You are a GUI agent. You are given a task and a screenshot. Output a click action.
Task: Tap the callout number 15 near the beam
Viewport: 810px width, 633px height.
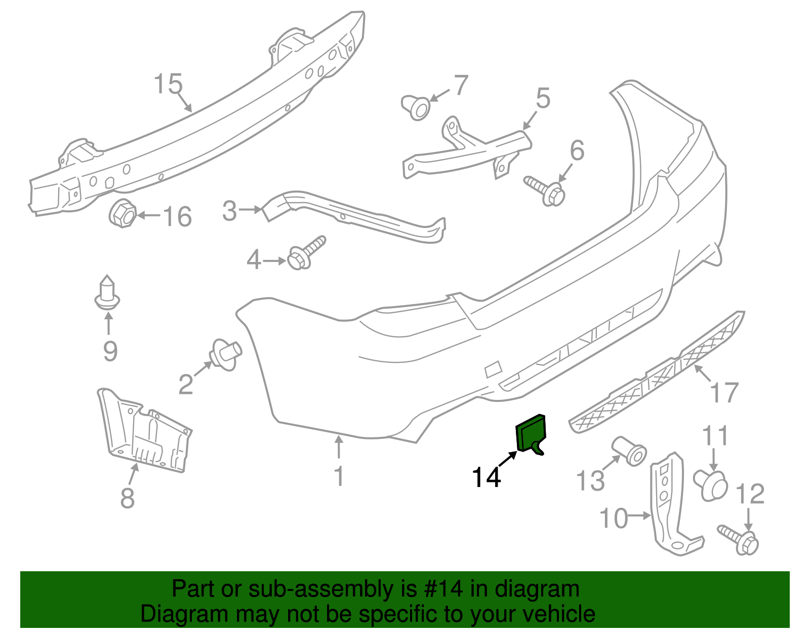click(x=168, y=84)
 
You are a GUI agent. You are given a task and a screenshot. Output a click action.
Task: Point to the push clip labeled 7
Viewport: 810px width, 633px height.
click(x=416, y=107)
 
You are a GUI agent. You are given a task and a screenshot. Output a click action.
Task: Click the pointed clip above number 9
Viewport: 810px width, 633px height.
click(x=107, y=294)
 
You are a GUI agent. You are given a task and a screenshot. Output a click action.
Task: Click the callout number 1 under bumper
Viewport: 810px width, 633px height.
click(x=339, y=476)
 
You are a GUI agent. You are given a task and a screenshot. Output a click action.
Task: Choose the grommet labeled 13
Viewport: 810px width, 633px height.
click(x=629, y=450)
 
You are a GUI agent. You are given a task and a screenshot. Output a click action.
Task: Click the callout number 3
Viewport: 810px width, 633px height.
click(x=229, y=210)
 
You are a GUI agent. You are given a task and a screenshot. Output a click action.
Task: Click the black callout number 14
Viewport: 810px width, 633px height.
click(x=486, y=477)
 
